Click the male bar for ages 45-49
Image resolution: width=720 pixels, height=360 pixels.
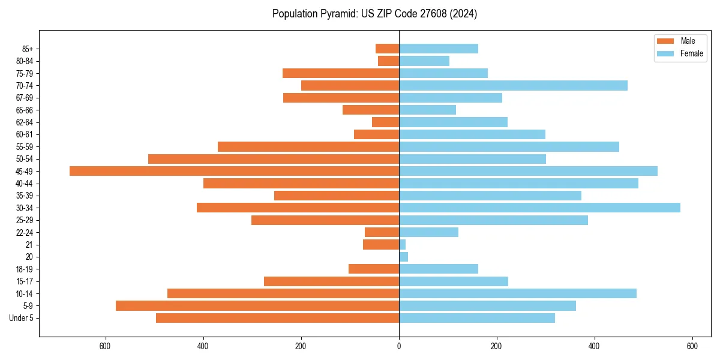point(234,171)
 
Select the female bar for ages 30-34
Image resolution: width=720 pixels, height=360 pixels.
point(539,208)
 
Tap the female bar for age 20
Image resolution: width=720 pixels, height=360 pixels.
point(403,257)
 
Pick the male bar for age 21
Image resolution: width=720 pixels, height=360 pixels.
point(381,245)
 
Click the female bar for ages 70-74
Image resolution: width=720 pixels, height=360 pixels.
point(513,85)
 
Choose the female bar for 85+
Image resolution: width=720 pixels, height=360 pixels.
point(439,49)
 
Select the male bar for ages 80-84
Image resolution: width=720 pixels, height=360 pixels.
point(389,61)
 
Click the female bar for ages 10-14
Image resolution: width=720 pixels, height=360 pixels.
point(517,293)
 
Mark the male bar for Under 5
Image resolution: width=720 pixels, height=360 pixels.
point(277,318)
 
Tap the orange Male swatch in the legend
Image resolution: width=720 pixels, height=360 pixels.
point(665,41)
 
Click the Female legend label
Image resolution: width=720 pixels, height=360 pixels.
point(692,53)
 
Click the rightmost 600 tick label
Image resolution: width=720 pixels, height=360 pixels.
point(692,346)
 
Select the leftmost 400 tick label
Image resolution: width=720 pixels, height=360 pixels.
point(203,346)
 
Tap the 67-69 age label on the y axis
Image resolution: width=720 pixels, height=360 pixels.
point(24,98)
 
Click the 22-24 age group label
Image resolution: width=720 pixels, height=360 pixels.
point(24,232)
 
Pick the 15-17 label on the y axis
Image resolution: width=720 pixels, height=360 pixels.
point(24,281)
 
